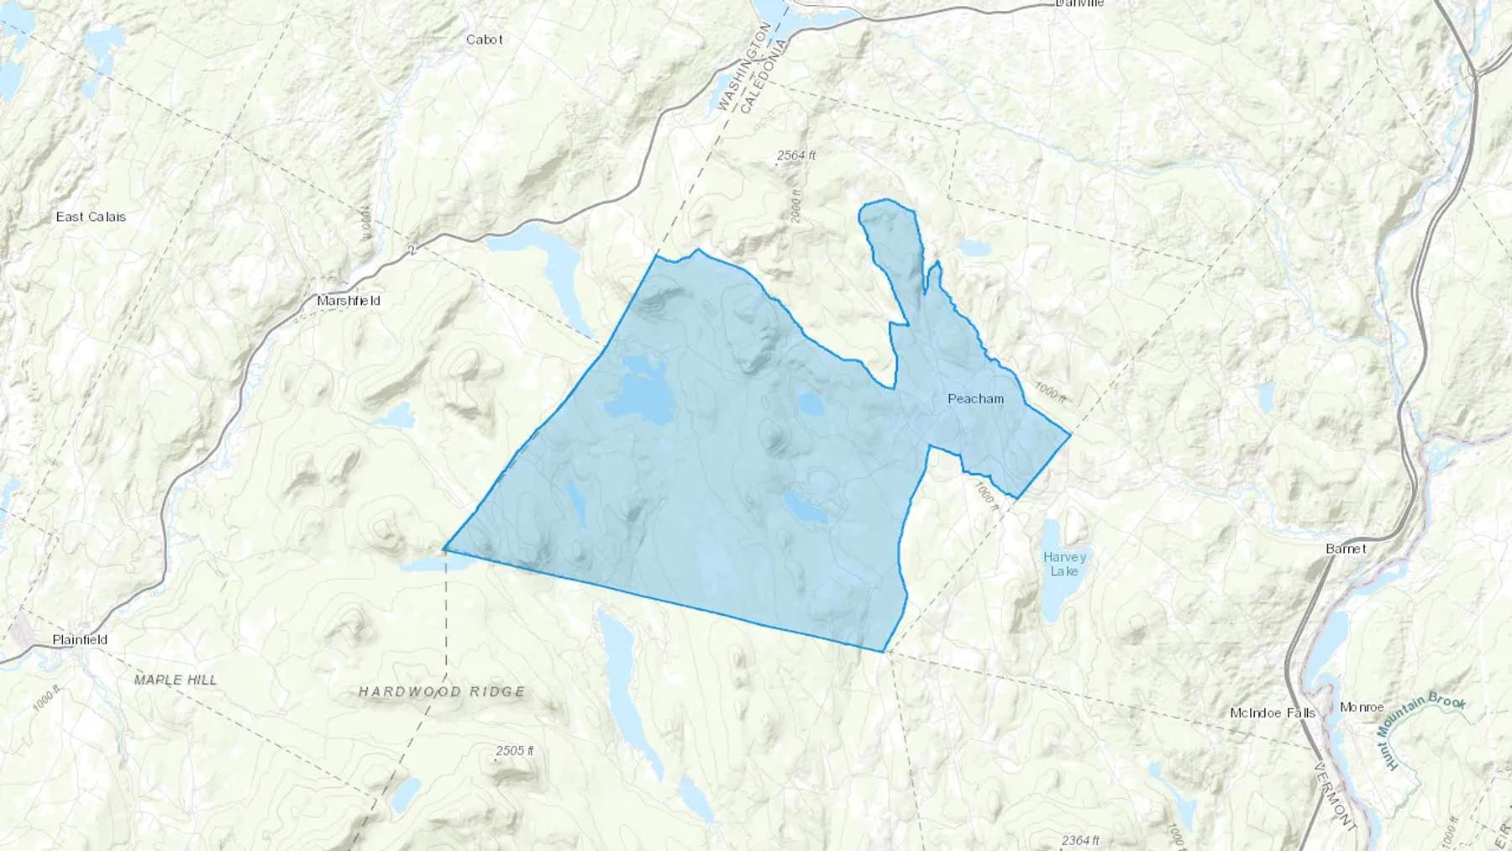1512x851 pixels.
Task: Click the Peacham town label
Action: coord(975,399)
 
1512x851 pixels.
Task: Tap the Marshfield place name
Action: coord(348,301)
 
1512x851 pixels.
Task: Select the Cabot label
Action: coord(485,39)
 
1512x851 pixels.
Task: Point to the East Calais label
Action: coord(91,217)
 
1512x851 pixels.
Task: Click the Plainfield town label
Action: coord(80,639)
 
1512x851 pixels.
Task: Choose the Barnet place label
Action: coord(1346,549)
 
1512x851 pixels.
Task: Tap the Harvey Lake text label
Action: coord(1065,564)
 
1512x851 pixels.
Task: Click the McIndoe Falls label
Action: coord(1272,713)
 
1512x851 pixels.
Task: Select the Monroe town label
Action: coord(1362,707)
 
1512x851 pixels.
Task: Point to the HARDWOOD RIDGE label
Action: coord(442,691)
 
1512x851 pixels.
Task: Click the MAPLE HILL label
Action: coord(176,679)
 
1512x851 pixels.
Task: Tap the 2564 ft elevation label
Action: coord(795,155)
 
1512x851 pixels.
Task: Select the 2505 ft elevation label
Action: coord(514,750)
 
